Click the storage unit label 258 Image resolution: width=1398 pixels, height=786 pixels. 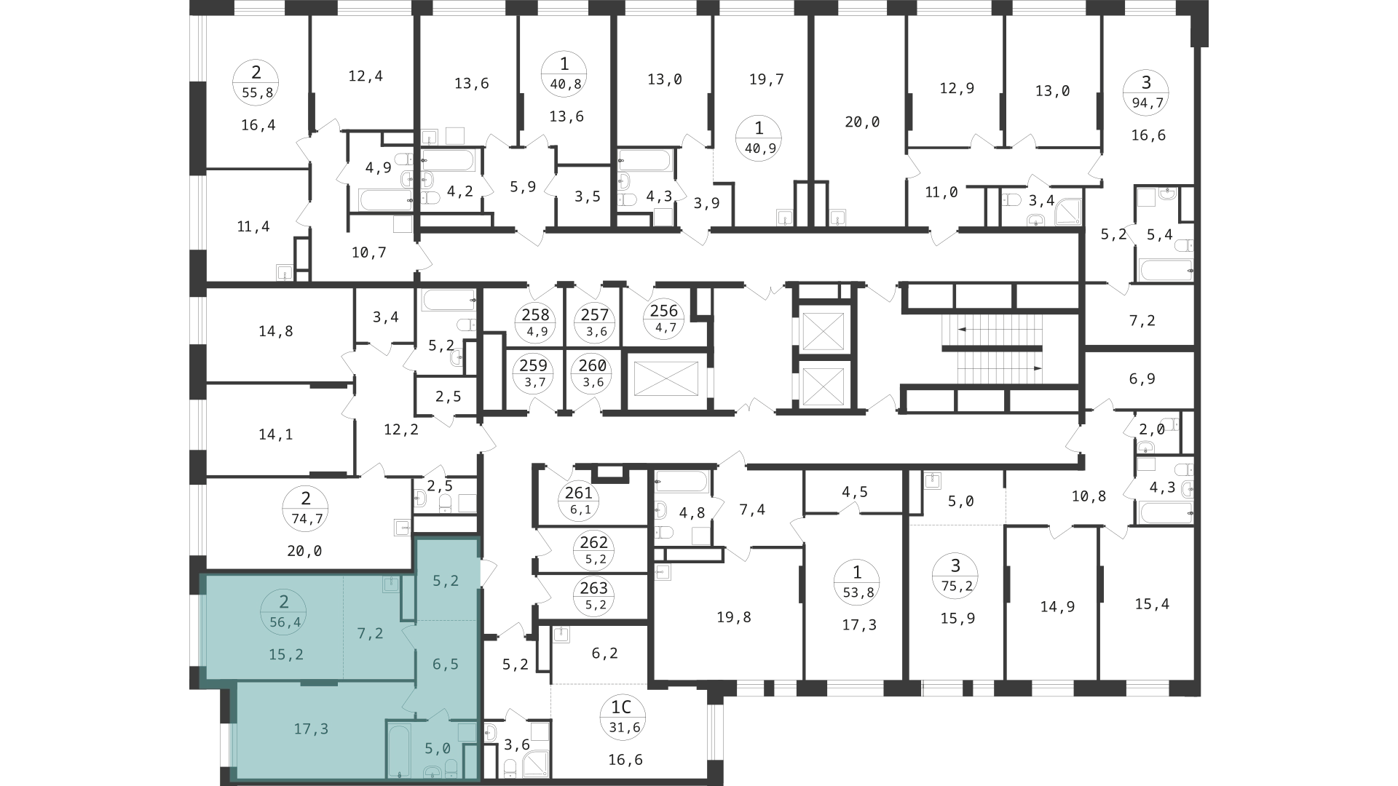click(x=536, y=322)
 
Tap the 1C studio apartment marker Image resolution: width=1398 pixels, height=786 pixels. click(x=621, y=716)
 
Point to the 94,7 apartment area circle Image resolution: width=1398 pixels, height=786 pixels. click(x=1147, y=92)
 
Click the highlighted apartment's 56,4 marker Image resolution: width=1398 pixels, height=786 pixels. click(x=284, y=612)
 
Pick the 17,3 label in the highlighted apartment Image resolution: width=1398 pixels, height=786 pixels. click(x=311, y=729)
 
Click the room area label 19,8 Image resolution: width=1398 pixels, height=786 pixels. click(x=734, y=617)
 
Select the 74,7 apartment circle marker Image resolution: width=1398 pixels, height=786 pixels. click(x=305, y=508)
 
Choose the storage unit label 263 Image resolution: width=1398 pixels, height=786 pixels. click(x=594, y=595)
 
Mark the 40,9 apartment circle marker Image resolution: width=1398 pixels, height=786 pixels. click(x=759, y=138)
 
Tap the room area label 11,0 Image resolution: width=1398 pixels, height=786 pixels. click(x=941, y=192)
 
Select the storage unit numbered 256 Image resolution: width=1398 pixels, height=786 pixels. click(x=664, y=318)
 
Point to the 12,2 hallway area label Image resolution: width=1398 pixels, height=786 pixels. click(x=401, y=429)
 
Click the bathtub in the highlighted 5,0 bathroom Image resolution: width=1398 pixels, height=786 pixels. click(x=399, y=750)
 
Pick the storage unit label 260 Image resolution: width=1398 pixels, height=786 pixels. click(x=593, y=373)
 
